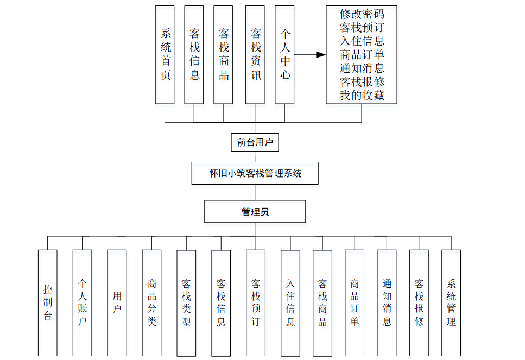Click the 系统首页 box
165,54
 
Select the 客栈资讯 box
255,54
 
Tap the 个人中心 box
284,54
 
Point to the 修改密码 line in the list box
362,14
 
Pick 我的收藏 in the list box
362,96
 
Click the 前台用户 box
255,143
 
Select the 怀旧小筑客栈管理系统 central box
255,174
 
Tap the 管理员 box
255,212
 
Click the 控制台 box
48,302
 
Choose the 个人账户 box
83,302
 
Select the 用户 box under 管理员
117,302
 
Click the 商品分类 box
152,302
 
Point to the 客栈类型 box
187,302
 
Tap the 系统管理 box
451,302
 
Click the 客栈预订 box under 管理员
256,302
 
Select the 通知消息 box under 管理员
387,302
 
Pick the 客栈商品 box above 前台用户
224,54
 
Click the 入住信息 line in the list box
362,41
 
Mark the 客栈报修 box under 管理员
419,302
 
